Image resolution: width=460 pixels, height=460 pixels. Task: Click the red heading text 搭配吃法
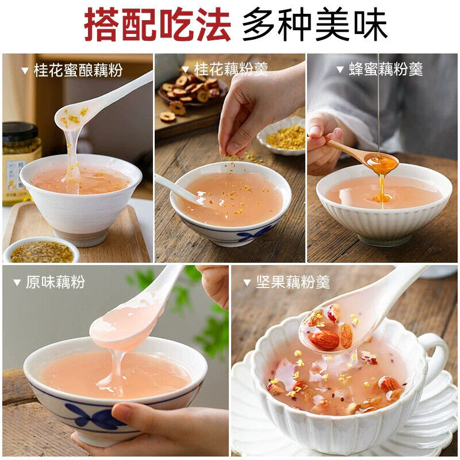tap(157, 24)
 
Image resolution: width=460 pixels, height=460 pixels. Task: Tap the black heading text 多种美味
tap(315, 24)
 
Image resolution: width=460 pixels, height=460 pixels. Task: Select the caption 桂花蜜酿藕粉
tap(78, 70)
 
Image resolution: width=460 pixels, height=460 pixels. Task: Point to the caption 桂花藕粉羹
tap(231, 69)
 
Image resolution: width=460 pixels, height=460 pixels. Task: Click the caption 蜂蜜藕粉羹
tap(386, 69)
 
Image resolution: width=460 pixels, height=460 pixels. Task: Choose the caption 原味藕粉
tap(55, 282)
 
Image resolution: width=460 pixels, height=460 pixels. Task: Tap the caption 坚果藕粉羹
tap(293, 282)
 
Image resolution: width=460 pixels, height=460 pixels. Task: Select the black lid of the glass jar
tap(20, 132)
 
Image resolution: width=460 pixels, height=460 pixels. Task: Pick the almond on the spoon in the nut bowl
tap(324, 339)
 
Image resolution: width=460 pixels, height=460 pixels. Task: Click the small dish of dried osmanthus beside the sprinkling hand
tap(282, 136)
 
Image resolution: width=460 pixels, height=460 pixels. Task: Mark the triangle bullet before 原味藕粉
tap(17, 282)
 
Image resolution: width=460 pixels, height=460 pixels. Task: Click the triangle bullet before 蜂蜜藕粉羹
tap(340, 70)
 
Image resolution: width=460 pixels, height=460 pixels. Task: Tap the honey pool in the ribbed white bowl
tap(382, 198)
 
